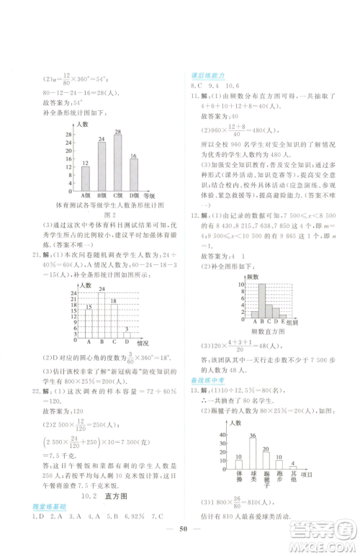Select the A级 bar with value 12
pos(86,179)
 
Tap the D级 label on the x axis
pos(134,195)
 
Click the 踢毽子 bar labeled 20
pos(266,461)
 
